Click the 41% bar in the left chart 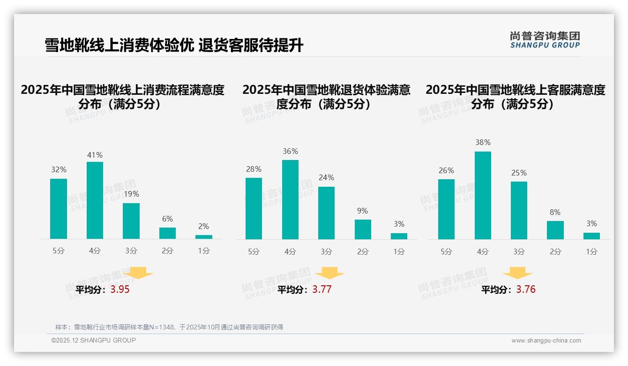(95, 200)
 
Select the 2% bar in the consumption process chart (204, 237)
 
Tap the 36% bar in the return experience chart (290, 199)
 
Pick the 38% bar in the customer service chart (483, 195)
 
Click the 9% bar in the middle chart (363, 229)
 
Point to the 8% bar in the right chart (555, 230)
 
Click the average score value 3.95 (120, 290)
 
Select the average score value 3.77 (322, 290)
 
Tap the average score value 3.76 (526, 290)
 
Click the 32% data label (59, 170)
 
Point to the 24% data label (326, 178)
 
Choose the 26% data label (446, 171)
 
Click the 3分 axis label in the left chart (131, 251)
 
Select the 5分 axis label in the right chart (446, 252)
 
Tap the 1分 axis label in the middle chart (399, 252)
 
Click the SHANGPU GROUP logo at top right (545, 40)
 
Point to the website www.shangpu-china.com (546, 341)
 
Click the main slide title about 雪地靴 (174, 46)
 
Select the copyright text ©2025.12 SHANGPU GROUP (94, 340)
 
